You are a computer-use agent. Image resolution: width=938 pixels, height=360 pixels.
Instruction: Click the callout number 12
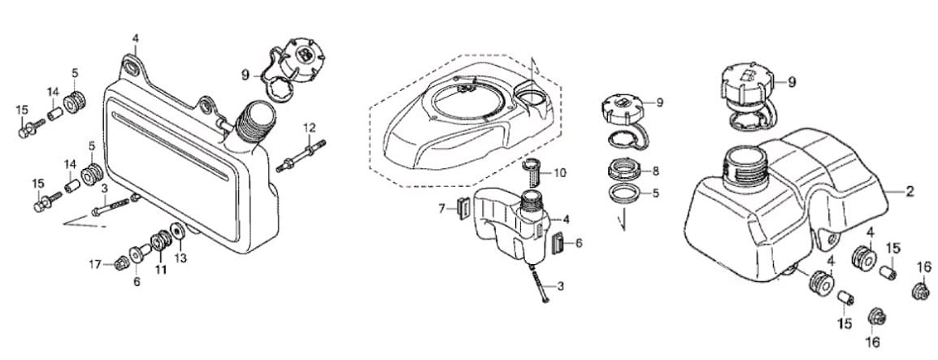[x=309, y=128]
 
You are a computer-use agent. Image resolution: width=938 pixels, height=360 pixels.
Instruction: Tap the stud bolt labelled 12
[x=302, y=155]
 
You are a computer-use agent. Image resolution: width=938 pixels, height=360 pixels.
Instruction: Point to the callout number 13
[x=180, y=259]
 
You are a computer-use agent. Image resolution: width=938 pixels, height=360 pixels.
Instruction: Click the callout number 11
[x=161, y=270]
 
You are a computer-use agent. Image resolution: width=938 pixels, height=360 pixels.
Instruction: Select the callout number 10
[x=560, y=174]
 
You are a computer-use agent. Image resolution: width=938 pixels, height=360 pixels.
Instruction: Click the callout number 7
[x=441, y=209]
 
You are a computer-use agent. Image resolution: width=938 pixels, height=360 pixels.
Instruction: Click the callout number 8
[x=656, y=171]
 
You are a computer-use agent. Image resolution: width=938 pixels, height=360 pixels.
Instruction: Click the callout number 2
[x=910, y=191]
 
